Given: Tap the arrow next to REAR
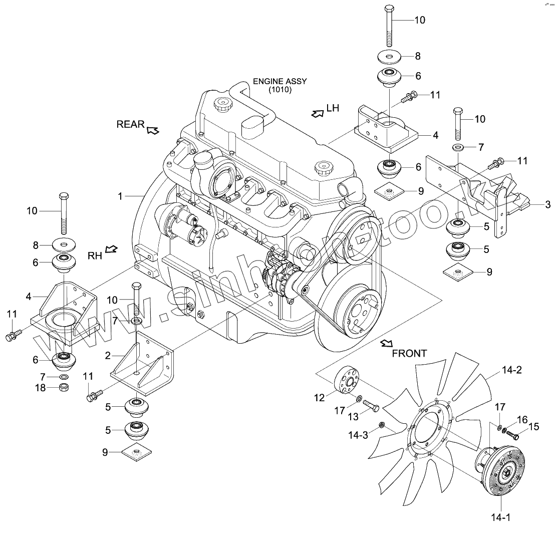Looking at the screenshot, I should pos(153,131).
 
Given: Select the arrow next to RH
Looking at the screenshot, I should pos(112,249).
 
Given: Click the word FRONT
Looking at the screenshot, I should pos(409,353).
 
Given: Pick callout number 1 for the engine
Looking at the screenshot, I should pos(120,196).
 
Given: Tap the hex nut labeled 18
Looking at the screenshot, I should pos(64,387).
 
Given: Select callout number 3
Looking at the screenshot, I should pos(547,204).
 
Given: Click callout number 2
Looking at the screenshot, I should pos(107,356).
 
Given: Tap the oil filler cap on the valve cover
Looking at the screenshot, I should pos(220,106).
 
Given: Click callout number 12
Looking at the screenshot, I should pos(320,398).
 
